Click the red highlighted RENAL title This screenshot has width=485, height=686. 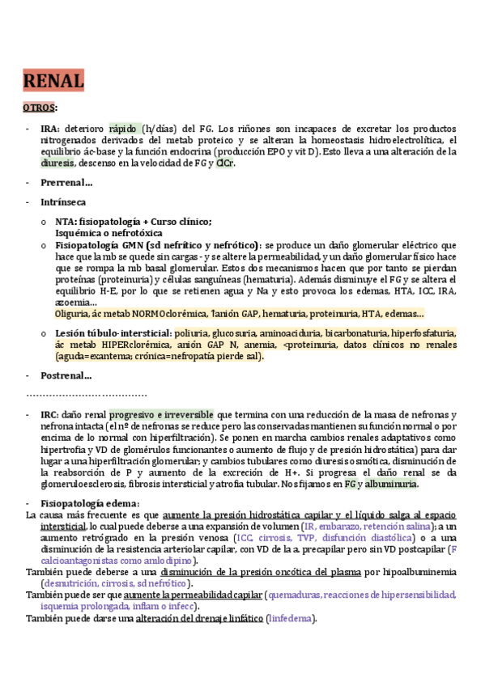coord(53,82)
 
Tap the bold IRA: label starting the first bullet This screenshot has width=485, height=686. coord(49,128)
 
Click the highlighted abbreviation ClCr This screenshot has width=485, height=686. coord(225,163)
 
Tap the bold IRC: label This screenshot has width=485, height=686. coord(49,414)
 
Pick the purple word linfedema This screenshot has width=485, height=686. coord(290,619)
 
